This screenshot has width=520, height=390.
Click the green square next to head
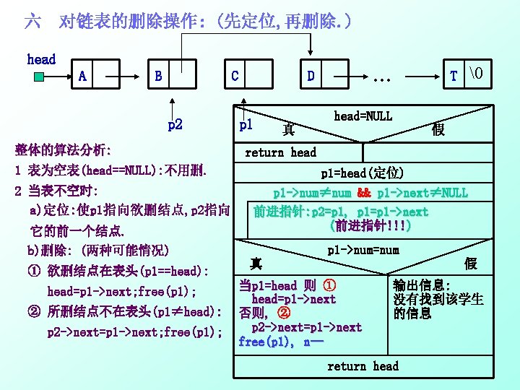coord(38,74)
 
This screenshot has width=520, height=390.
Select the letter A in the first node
coord(83,76)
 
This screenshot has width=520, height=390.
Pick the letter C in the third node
coord(235,76)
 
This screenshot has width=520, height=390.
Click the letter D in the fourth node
coord(310,76)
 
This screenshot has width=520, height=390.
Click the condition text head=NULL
coord(363,116)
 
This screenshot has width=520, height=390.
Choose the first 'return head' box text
coord(280,152)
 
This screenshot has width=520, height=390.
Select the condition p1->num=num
coord(363,250)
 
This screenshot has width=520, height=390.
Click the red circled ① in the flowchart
coord(328,285)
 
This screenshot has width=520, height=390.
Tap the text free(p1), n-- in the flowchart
coord(275,342)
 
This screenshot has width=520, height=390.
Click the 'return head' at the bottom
coord(363,366)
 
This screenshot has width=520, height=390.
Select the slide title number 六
coord(32,22)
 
